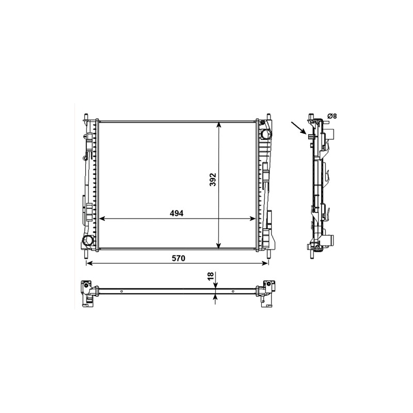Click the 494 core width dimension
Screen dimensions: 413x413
tap(176, 213)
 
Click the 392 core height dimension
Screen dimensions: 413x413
tap(213, 179)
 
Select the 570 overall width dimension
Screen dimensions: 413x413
tap(178, 258)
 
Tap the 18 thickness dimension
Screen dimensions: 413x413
tap(211, 276)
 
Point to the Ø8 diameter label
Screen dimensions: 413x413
tap(332, 116)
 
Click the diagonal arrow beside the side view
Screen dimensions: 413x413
tap(298, 128)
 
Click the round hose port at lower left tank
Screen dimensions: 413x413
tap(87, 240)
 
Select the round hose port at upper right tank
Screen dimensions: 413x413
tap(265, 135)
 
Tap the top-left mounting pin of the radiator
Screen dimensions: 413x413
tap(86, 117)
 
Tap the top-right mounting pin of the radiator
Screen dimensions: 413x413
tap(268, 117)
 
